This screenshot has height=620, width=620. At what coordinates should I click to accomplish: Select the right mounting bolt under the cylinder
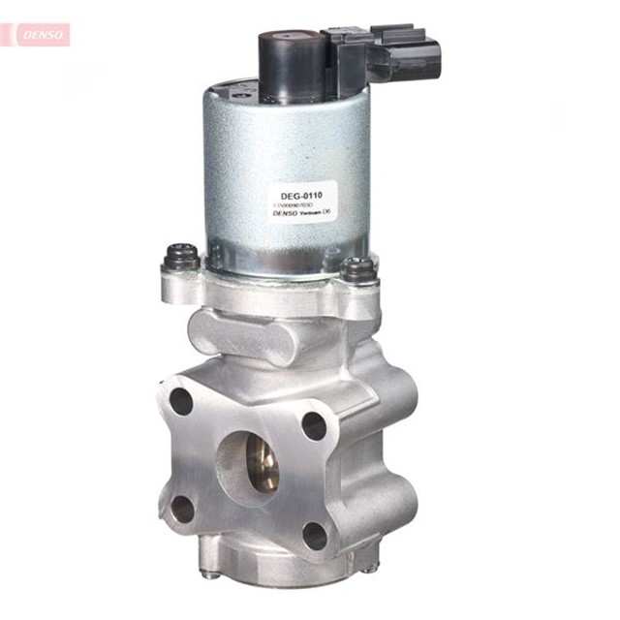(x=357, y=267)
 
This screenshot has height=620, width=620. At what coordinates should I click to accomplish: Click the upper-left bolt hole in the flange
(x=181, y=400)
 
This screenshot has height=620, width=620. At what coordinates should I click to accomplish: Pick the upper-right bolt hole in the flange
(x=314, y=424)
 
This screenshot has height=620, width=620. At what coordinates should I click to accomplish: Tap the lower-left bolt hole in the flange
(x=183, y=509)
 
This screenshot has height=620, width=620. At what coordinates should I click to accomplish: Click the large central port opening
(x=246, y=464)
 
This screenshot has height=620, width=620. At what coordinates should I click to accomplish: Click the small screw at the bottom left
(x=210, y=573)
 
